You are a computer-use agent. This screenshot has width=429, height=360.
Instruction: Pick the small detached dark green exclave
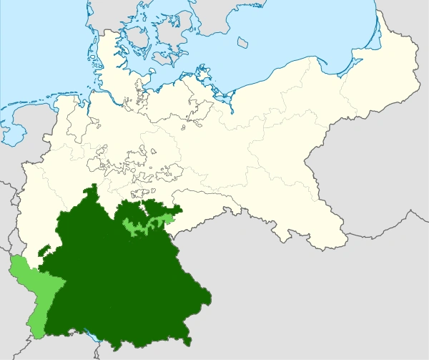pyautogui.click(x=45, y=250)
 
